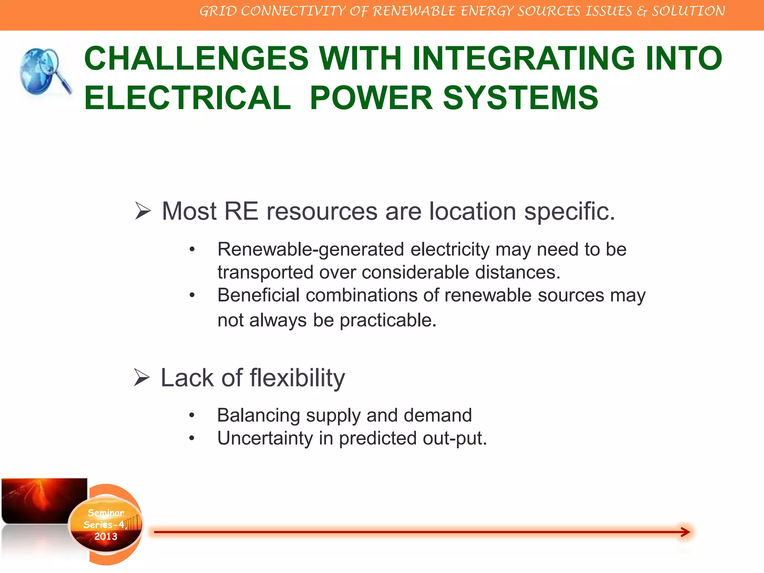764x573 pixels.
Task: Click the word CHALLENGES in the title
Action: click(196, 59)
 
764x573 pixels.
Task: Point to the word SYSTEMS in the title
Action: click(520, 98)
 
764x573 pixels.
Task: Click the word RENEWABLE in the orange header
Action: click(414, 11)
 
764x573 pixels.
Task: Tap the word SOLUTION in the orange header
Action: click(688, 11)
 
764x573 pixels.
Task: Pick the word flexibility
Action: click(297, 378)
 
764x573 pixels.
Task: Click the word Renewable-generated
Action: click(310, 250)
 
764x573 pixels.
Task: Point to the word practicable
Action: click(388, 320)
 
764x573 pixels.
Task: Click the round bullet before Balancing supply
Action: click(192, 415)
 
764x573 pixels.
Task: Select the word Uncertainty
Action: click(265, 438)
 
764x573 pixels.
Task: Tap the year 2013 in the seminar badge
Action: click(106, 536)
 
